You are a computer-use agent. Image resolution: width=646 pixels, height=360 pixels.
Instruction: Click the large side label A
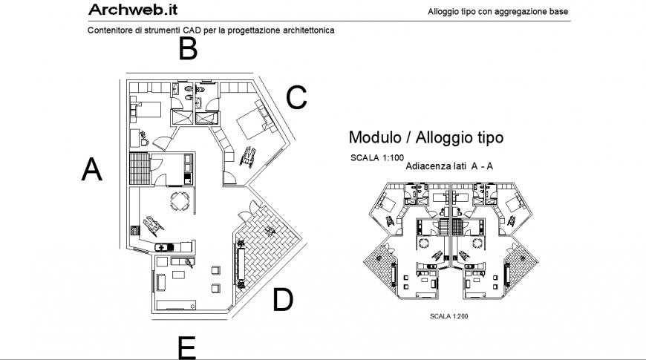(91, 169)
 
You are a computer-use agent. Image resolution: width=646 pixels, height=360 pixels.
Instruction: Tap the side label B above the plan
(188, 49)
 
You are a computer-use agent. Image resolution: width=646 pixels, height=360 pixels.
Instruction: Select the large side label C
(296, 97)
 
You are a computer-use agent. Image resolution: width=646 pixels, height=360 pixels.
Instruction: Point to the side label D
(283, 300)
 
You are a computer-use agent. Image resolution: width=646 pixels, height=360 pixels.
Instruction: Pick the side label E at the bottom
(187, 347)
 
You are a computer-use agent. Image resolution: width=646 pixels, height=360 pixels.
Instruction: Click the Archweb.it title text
(132, 10)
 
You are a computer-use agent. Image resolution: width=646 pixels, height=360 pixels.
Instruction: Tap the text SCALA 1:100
(377, 158)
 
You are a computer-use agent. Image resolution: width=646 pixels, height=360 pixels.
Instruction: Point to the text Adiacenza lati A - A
(451, 167)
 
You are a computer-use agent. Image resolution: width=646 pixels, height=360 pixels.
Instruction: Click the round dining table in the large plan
(180, 200)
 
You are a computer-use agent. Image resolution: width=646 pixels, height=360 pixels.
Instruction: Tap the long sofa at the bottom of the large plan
(175, 305)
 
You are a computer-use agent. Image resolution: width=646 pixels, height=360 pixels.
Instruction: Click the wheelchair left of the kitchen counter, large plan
(153, 223)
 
